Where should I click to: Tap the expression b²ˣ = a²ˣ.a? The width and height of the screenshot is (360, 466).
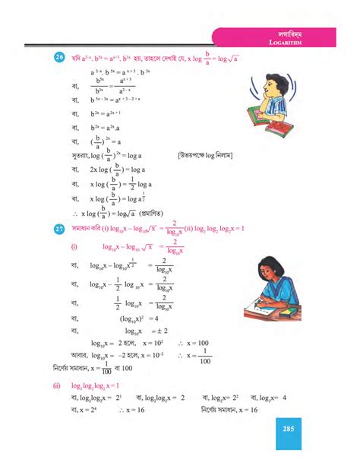107,128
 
